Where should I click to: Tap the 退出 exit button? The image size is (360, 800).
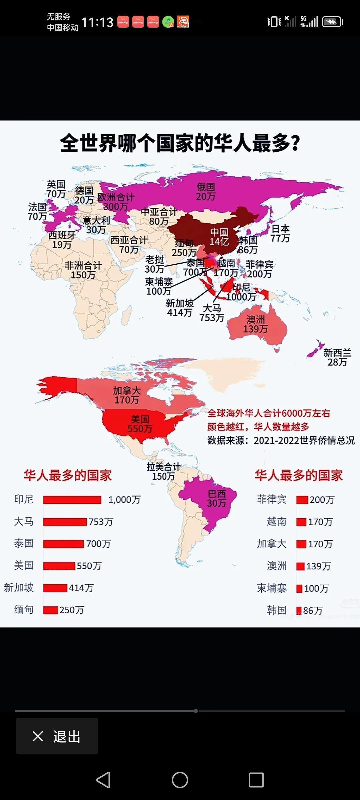click(57, 736)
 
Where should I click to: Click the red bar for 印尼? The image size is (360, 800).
click(72, 500)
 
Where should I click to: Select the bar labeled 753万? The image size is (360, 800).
click(65, 522)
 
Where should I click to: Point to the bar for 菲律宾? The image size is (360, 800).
click(302, 500)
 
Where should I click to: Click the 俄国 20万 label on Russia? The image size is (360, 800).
click(205, 192)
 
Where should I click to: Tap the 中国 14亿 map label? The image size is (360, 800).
click(219, 237)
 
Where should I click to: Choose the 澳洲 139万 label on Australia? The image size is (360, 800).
click(255, 324)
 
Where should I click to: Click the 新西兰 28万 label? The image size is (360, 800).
click(337, 357)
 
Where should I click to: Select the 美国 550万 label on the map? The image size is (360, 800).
click(140, 424)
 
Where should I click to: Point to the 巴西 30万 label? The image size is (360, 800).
click(217, 498)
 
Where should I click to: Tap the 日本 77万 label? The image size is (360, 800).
click(280, 233)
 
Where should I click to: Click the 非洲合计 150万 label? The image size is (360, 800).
click(83, 270)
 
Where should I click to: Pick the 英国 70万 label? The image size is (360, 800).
click(56, 189)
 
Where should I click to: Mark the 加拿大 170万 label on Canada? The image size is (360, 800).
click(127, 395)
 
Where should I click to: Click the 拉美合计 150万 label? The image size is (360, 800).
click(163, 471)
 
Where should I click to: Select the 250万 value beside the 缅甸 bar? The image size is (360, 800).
click(72, 610)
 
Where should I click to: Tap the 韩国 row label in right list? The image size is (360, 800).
click(276, 610)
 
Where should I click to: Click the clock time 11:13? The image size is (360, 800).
click(97, 22)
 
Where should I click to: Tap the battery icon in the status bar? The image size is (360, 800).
click(333, 22)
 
